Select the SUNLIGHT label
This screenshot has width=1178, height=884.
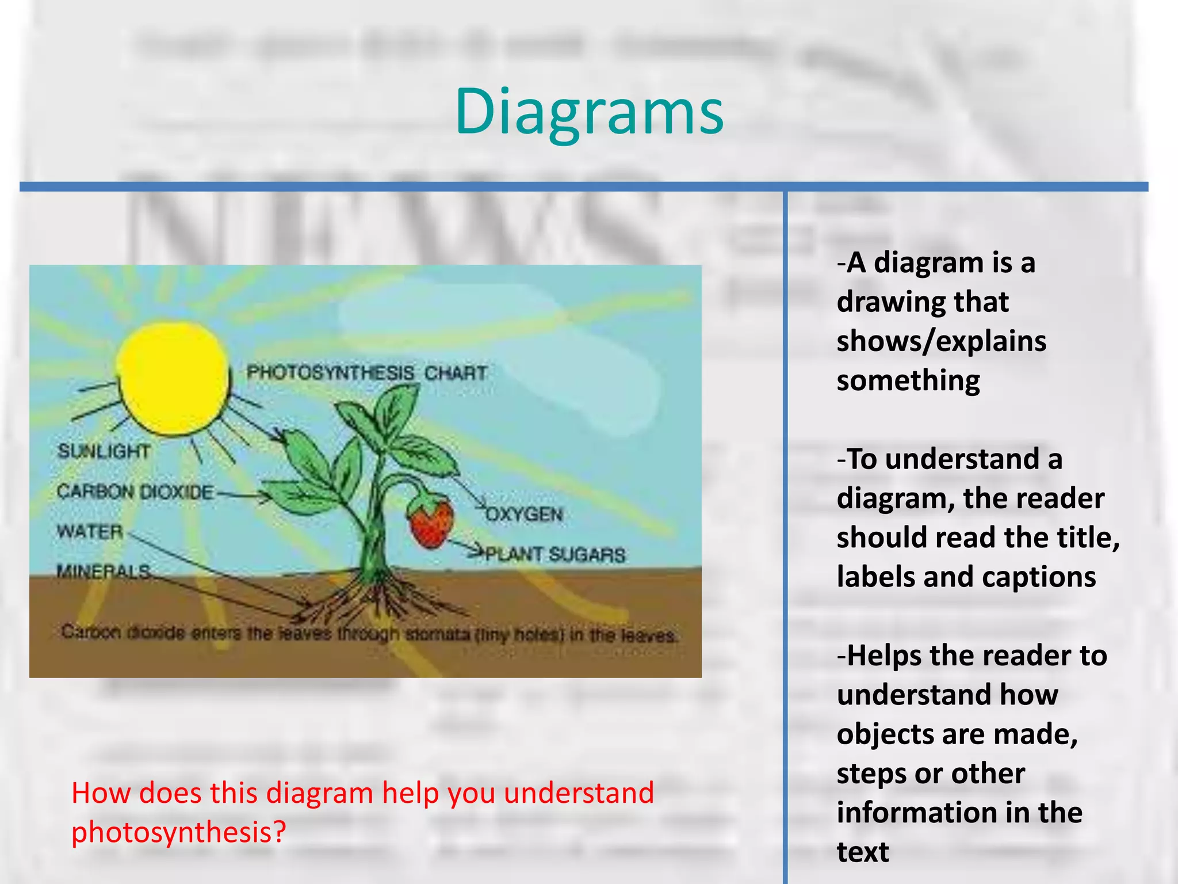(104, 451)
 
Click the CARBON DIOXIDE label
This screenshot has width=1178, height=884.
(136, 492)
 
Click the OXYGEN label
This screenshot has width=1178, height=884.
(524, 514)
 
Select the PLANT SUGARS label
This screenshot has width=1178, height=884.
(555, 554)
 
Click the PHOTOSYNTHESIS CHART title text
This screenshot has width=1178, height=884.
(367, 373)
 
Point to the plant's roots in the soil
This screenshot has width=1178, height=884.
(374, 599)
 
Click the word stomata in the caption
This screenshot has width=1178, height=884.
(439, 635)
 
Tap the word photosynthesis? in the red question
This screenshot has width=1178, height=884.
(178, 832)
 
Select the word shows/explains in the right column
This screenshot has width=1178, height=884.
(941, 341)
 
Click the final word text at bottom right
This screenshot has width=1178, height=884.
(863, 852)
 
